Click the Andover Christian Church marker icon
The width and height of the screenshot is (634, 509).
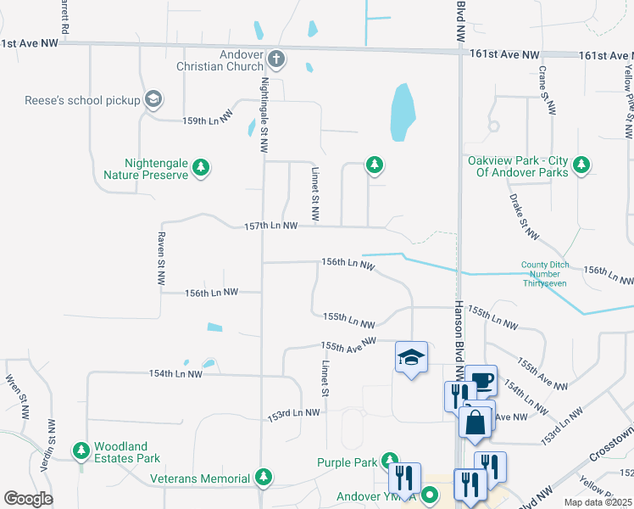tap(276, 59)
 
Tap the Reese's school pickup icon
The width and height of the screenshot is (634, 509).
tap(153, 100)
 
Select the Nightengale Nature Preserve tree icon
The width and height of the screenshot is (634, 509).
tap(201, 167)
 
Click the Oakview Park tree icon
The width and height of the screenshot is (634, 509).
tap(581, 165)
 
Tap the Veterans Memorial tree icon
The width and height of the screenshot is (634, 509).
tap(264, 478)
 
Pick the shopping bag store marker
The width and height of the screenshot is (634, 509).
tap(475, 422)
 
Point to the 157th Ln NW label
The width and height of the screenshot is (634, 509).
tap(270, 227)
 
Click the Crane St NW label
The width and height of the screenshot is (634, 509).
tap(547, 88)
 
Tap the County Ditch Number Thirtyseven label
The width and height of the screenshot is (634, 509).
tap(543, 273)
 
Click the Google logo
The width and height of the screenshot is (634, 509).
tap(28, 498)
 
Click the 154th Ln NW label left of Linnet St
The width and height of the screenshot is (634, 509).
tap(175, 373)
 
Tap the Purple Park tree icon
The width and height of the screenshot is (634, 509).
tap(389, 461)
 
